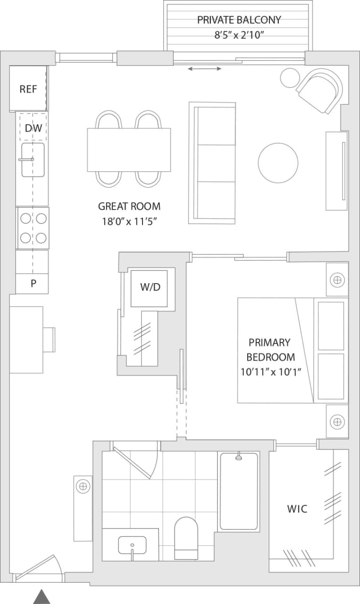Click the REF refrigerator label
(28, 89)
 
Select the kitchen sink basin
(33, 160)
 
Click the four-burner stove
(33, 228)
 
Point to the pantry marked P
(33, 284)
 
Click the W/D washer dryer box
(150, 287)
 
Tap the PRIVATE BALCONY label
(239, 20)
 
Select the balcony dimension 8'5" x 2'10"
(239, 34)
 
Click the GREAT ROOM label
(129, 206)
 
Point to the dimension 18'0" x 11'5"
(129, 221)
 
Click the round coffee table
(278, 163)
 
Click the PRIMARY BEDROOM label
(269, 349)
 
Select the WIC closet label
(297, 509)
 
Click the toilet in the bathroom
(186, 538)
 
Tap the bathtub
(239, 491)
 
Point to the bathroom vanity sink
(132, 545)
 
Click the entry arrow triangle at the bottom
(42, 596)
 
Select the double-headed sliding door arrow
(205, 69)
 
